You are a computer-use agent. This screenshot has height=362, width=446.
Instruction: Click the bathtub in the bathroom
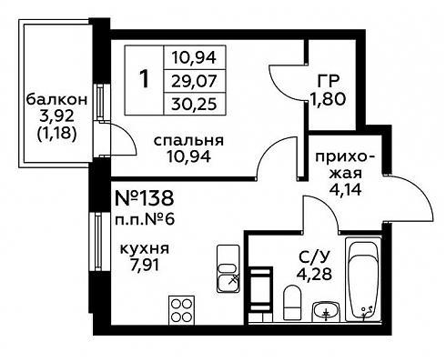[364, 279]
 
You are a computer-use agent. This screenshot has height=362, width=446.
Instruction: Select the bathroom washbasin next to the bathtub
[326, 311]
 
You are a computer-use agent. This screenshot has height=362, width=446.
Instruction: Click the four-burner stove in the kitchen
[181, 310]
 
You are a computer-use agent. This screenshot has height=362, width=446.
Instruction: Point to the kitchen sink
[228, 268]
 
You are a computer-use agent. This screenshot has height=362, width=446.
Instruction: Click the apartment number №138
[145, 198]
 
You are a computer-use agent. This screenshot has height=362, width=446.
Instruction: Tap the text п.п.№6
[145, 219]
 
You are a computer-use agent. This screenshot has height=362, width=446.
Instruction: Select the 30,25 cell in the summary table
[194, 104]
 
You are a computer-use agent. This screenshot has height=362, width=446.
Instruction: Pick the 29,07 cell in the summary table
[194, 81]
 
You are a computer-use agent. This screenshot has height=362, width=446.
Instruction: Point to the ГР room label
[328, 81]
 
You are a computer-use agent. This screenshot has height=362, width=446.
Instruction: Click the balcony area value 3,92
[56, 116]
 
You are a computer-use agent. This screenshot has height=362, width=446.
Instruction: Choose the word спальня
[188, 141]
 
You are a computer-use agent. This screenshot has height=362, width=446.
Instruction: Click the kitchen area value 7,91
[145, 266]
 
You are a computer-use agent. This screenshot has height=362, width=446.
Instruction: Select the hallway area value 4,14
[346, 190]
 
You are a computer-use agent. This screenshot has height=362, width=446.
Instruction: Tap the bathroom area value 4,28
[314, 274]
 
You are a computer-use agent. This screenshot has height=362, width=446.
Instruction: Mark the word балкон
[56, 100]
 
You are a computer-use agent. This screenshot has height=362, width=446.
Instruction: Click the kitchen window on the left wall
[98, 242]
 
